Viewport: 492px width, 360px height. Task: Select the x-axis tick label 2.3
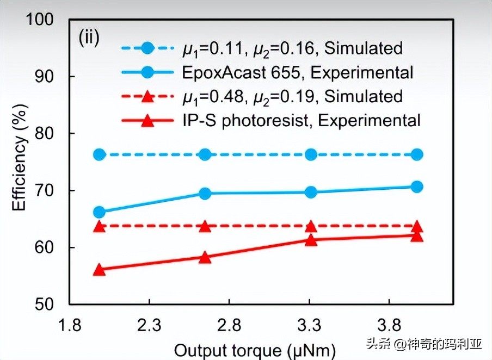149,326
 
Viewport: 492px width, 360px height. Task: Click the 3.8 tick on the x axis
389,326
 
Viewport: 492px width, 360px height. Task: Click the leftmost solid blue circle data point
99,212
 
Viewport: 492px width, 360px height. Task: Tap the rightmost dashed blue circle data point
417,154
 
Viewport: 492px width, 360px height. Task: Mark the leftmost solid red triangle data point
99,270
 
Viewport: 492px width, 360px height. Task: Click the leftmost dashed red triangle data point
99,226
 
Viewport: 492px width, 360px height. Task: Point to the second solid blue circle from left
205,193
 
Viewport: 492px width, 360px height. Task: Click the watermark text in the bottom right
424,344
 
